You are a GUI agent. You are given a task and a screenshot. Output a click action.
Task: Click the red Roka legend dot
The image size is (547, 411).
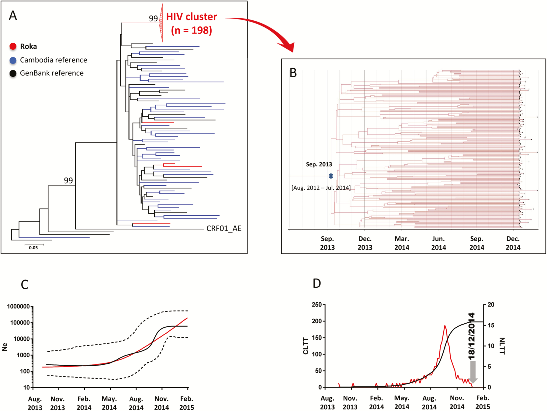13,46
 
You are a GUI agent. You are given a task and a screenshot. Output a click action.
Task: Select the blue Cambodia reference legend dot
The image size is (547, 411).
13,60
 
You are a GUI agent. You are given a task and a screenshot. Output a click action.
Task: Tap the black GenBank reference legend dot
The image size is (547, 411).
13,73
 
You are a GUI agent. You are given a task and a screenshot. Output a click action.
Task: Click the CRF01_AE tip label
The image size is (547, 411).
224,229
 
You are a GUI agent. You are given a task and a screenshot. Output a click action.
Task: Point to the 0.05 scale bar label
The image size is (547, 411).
33,248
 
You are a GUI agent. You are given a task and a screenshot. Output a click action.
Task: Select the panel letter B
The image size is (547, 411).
293,73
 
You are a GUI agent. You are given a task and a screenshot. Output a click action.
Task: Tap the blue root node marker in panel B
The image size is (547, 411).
331,176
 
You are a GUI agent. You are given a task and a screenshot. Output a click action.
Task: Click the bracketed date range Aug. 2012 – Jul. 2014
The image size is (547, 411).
321,188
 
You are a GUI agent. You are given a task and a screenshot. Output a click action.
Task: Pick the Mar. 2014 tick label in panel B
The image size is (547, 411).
402,243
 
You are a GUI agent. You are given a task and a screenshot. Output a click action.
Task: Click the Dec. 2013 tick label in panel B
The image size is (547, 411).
365,243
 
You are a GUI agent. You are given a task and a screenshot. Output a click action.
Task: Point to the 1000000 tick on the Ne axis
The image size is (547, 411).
19,307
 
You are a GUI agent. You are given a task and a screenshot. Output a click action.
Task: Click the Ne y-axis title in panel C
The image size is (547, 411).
5,347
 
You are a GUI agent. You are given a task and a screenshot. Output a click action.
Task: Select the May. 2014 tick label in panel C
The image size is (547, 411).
109,403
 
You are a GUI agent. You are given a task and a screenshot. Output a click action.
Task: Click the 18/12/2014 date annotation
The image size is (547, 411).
471,336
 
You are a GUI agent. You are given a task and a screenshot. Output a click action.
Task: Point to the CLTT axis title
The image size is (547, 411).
306,346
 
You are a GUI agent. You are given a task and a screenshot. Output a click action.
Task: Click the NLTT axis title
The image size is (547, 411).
502,346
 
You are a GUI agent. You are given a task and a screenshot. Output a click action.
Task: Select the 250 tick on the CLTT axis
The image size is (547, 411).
317,305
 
